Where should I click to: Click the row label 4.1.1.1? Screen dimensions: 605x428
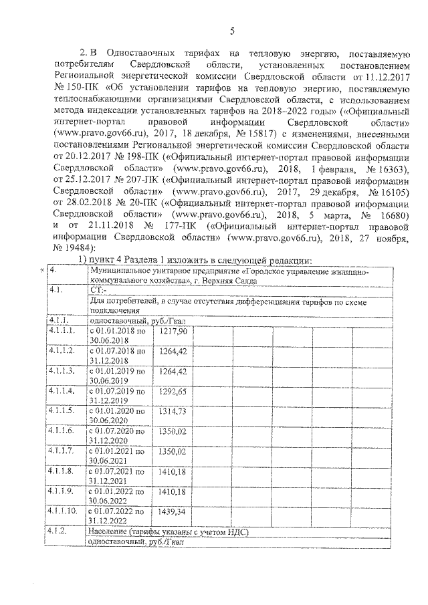[x=62, y=331]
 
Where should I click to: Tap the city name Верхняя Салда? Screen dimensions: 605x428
[x=231, y=281]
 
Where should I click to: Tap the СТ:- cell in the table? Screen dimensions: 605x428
[x=98, y=291]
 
